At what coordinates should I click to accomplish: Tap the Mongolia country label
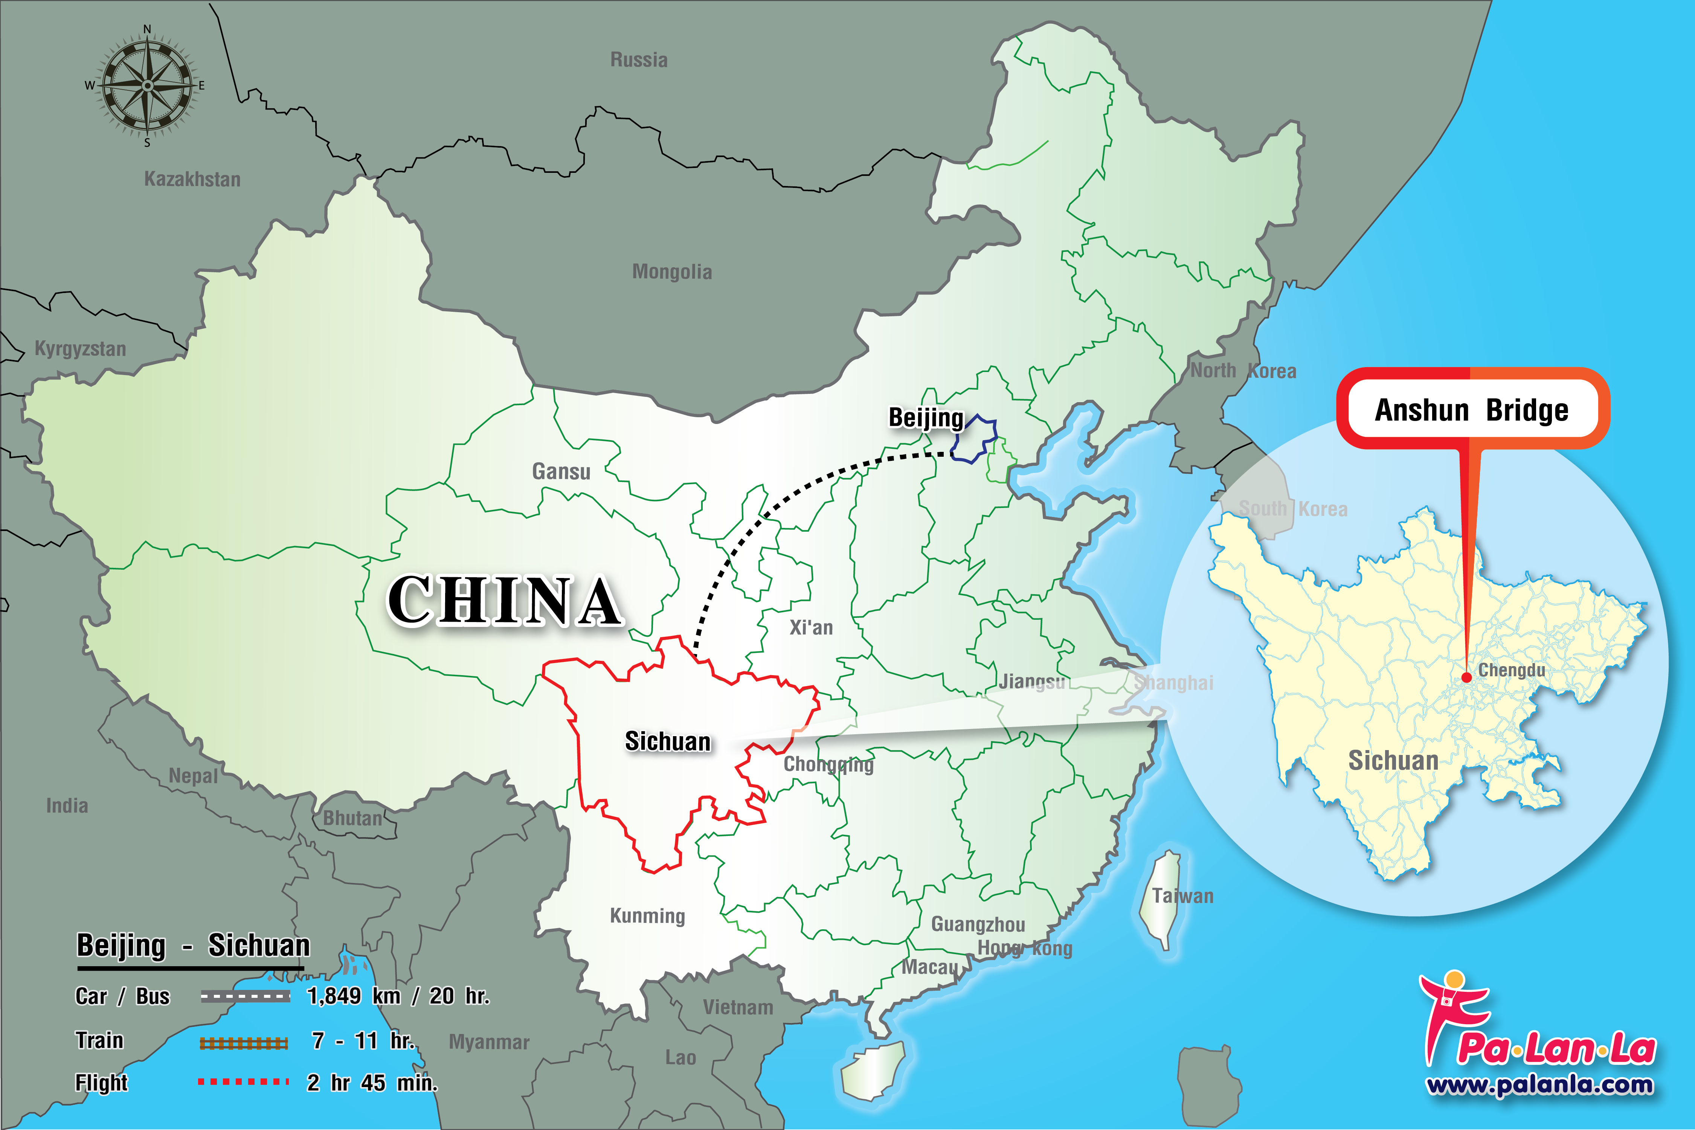(672, 272)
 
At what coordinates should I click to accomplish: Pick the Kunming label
(647, 916)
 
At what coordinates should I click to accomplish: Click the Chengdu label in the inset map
(1511, 670)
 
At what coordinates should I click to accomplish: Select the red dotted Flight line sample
(244, 1082)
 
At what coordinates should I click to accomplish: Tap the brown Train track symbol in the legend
(244, 1043)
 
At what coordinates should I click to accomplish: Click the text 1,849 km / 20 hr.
(398, 996)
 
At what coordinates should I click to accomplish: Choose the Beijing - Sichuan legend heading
(193, 945)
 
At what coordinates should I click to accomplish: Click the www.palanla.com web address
(1539, 1084)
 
